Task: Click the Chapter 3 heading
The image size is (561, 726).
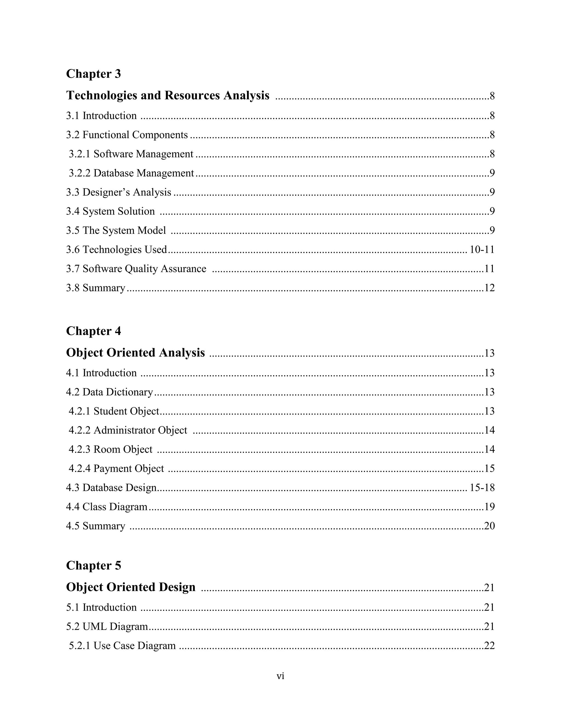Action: pos(93,74)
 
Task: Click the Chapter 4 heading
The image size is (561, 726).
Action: pos(93,331)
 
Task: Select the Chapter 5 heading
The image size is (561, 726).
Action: pos(93,565)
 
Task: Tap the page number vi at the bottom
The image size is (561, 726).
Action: pos(280,676)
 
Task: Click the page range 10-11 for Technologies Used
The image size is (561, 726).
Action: pos(482,250)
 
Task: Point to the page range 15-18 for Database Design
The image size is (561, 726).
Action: pos(482,488)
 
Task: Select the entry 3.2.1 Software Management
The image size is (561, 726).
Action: pos(131,154)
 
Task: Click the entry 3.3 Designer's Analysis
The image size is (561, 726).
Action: pos(118,192)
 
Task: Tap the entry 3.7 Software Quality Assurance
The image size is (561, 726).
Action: pos(136,268)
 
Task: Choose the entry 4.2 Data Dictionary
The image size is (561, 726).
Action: pos(109,392)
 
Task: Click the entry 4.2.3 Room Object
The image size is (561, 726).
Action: pos(110,449)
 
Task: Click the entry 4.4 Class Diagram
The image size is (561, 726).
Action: pos(106,507)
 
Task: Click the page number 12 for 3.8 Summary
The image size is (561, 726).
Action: pos(489,288)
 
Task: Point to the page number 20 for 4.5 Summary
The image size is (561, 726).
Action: pos(489,526)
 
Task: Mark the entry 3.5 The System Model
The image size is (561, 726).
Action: pos(116,230)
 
